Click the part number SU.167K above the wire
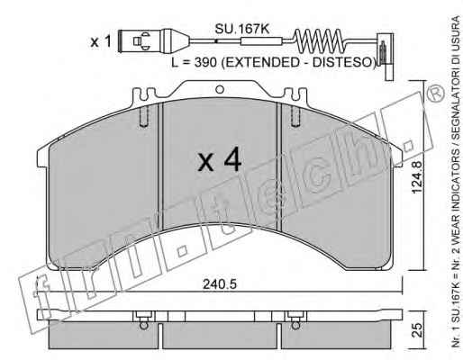coord(241,30)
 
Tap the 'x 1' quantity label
coord(101,41)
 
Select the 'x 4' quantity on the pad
coord(220,159)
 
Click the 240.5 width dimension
coord(220,284)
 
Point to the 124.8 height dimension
coord(417,177)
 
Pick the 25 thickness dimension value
coord(417,330)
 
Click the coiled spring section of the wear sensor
coord(319,40)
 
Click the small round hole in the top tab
coord(220,89)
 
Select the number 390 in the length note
coord(205,62)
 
